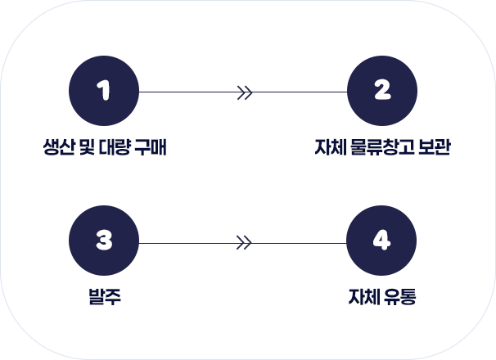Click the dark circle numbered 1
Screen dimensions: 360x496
click(104, 92)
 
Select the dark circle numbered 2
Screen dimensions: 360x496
click(381, 92)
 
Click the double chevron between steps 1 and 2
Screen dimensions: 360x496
click(243, 92)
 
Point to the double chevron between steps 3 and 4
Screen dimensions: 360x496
click(243, 243)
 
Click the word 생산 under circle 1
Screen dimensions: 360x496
click(56, 148)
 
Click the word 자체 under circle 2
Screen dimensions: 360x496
click(329, 148)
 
